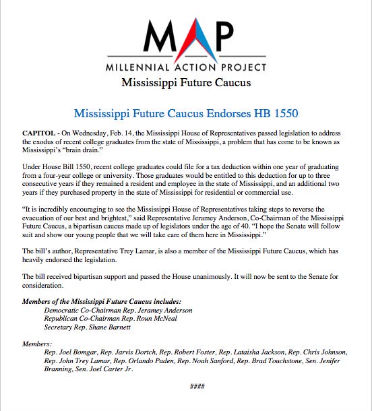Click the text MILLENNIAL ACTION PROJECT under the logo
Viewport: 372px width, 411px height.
tap(185, 69)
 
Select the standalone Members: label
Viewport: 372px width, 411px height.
tap(38, 344)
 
